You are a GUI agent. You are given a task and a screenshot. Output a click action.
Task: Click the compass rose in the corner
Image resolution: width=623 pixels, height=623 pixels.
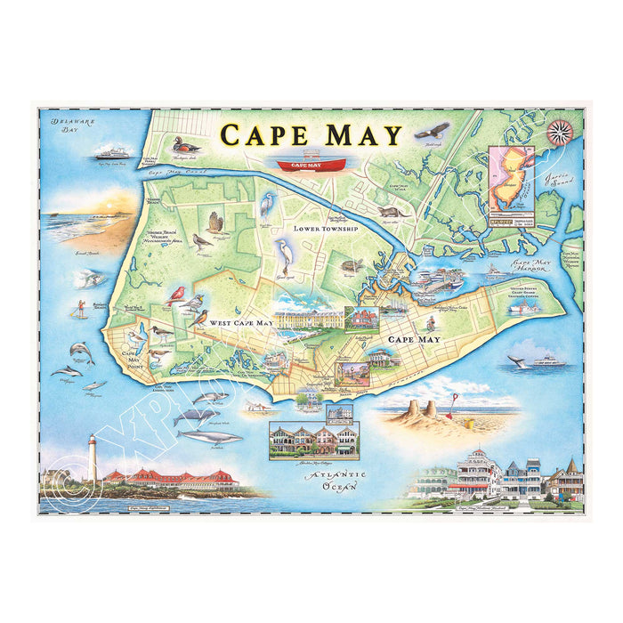pos(560,132)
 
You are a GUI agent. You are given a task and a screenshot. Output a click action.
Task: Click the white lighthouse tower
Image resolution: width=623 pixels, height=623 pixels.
pos(91,459)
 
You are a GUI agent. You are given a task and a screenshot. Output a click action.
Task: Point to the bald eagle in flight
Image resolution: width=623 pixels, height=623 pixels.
pos(430,133)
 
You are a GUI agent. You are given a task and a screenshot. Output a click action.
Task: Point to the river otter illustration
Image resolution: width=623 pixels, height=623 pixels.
pos(392,213)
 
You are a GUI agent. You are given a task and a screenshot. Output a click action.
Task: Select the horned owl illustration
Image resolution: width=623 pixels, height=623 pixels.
pos(214,222)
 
